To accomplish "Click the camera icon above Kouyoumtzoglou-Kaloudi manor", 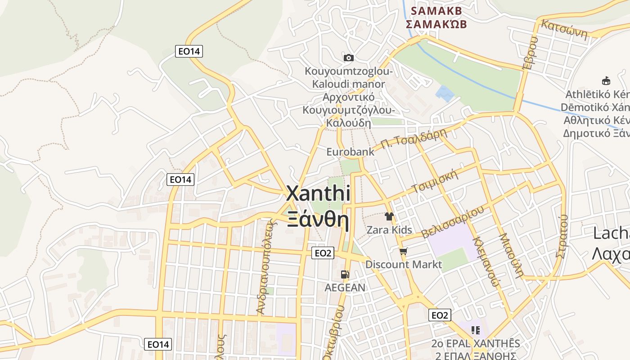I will click(x=348, y=58).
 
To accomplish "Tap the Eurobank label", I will click(x=350, y=152).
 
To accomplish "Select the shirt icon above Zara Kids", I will click(x=389, y=216).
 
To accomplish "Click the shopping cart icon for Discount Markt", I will click(x=403, y=251).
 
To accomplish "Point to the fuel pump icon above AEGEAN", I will click(x=345, y=274).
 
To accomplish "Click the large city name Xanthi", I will click(x=318, y=193).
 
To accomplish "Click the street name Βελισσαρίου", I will click(x=453, y=222).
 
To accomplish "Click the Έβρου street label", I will click(x=530, y=53).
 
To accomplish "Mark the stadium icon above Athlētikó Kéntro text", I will click(x=606, y=81).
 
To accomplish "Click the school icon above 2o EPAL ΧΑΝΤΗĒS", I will click(x=475, y=330).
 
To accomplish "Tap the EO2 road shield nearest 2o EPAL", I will click(x=440, y=315).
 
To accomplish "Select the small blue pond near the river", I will click(x=444, y=93).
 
